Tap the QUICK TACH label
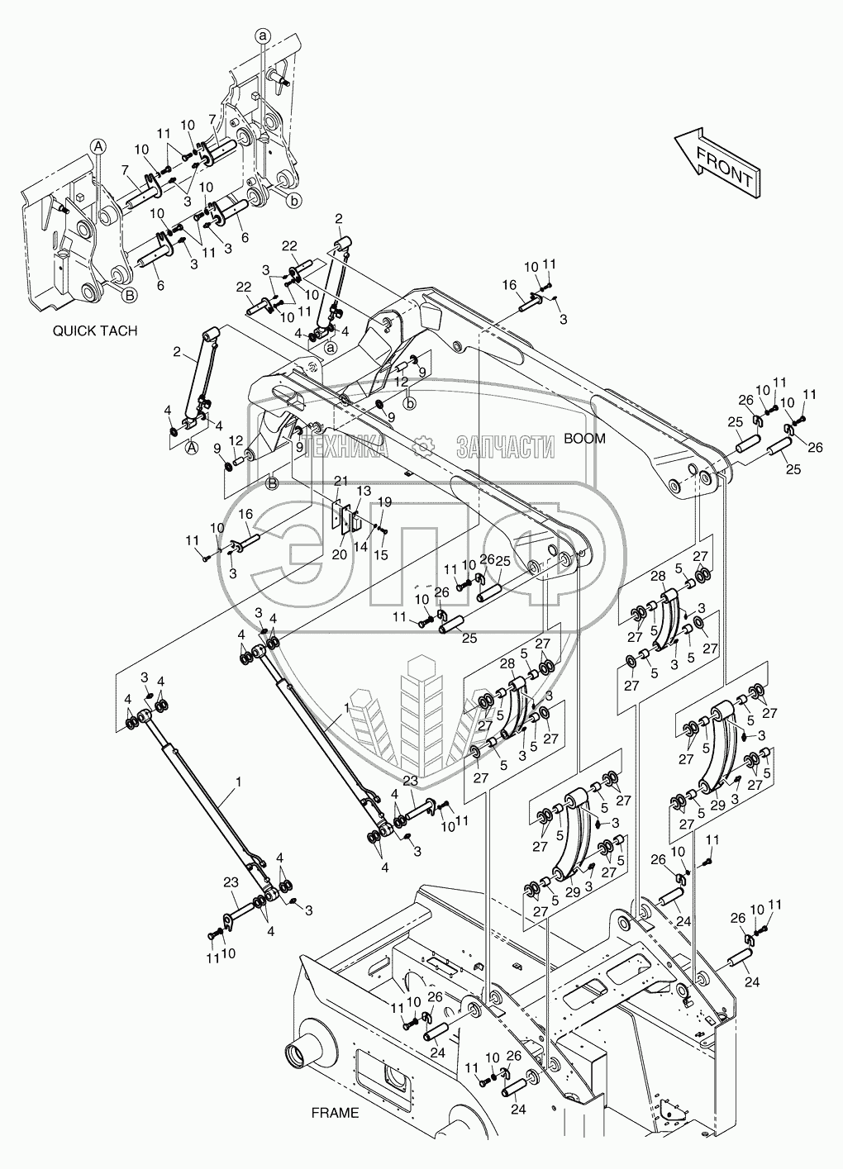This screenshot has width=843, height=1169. [x=95, y=330]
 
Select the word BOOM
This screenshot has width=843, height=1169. [x=585, y=439]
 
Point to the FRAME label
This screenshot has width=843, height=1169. [x=335, y=1113]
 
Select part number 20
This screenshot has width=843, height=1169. [x=339, y=555]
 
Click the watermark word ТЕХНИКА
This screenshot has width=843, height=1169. [x=346, y=447]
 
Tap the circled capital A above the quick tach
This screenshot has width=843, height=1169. [x=98, y=146]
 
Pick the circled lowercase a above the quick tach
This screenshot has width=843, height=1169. [x=263, y=35]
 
